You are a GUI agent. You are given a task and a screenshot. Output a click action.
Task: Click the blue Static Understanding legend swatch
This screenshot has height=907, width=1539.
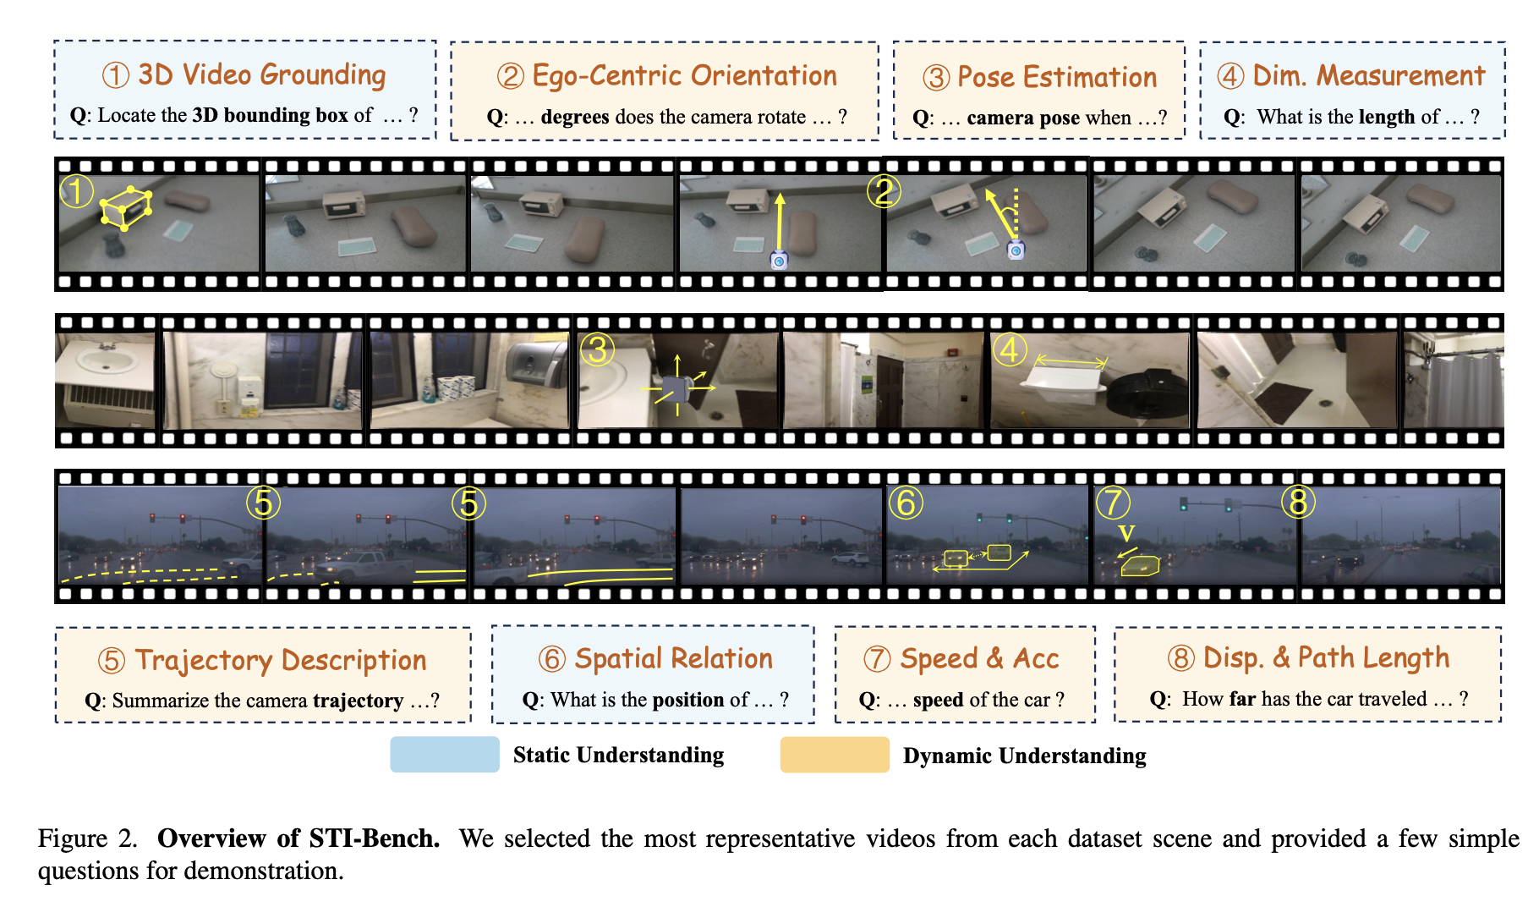coord(445,755)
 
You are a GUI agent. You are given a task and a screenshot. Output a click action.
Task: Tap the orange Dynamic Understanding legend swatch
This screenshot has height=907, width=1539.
coord(835,755)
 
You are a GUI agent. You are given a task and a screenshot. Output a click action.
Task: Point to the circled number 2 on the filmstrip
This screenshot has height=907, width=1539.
coord(884,192)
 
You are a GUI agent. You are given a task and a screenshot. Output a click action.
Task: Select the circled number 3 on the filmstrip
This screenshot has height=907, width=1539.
coord(597,349)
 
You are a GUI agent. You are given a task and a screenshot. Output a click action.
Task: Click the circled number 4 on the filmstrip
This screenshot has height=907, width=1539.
coord(1010,349)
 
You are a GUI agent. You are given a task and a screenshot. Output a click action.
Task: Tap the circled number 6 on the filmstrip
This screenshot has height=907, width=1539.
coord(906,503)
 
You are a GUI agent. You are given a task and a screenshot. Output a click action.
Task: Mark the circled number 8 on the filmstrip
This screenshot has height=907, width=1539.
coord(1298,503)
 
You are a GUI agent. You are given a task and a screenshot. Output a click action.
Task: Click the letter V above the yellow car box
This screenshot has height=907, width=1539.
coord(1126,533)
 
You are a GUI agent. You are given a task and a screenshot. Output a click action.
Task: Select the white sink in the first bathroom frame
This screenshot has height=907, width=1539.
coord(105,361)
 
